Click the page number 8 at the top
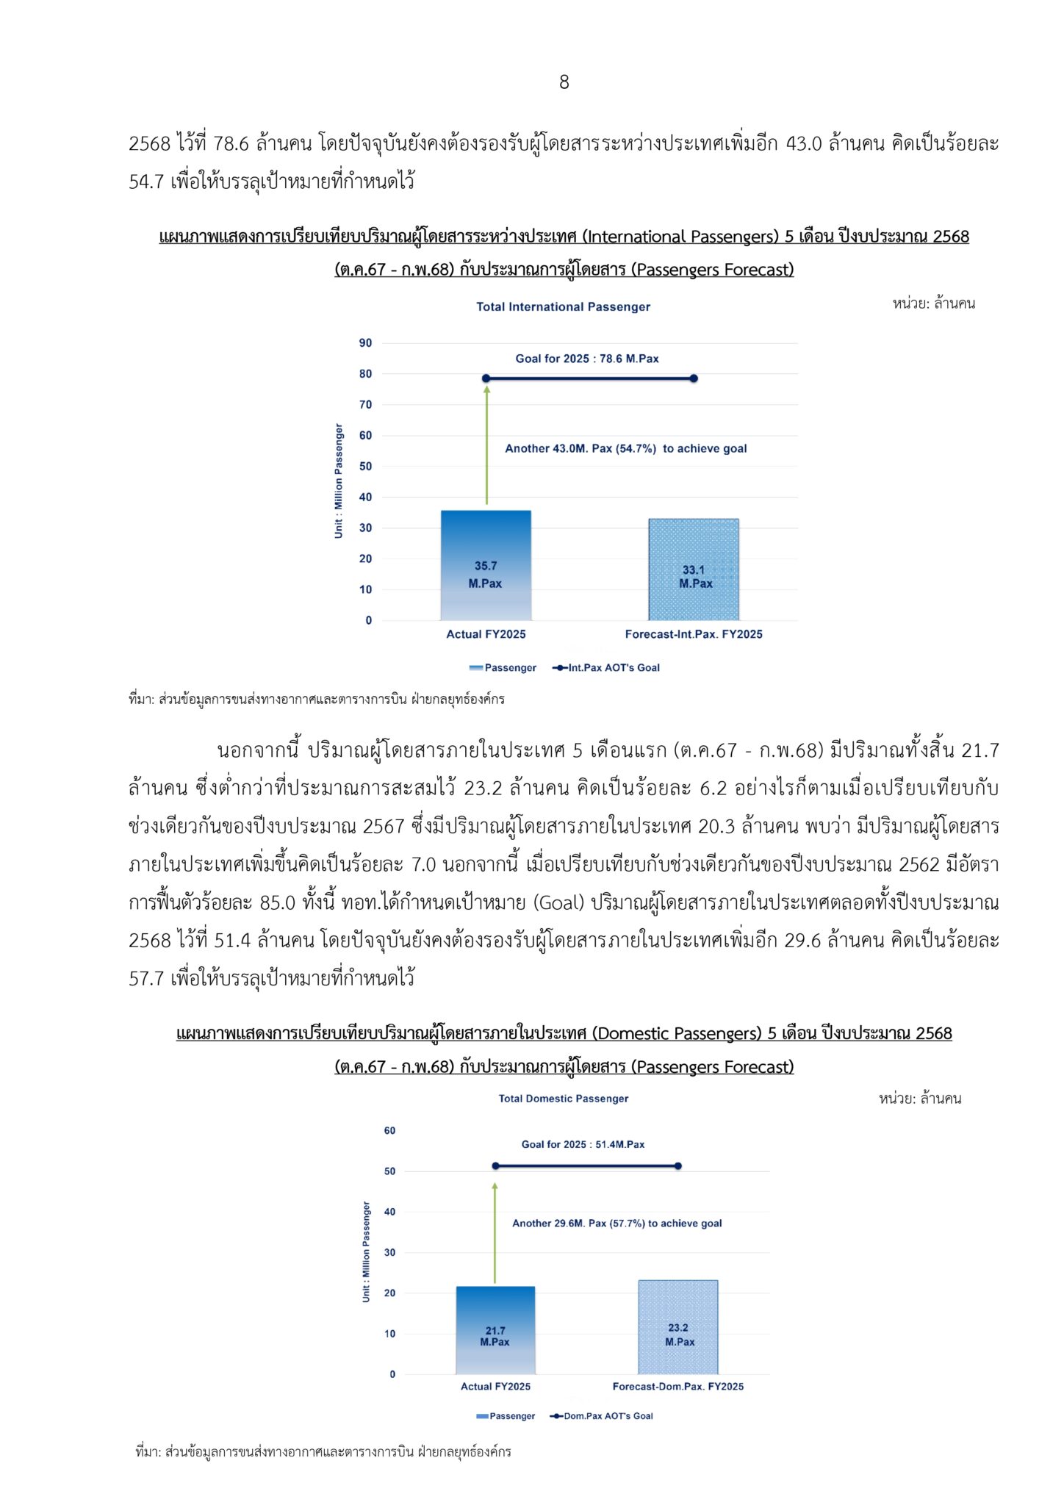tap(564, 82)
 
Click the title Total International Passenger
tap(563, 306)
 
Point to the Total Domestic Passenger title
tap(563, 1099)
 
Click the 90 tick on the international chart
tap(365, 343)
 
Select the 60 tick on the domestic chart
tap(389, 1131)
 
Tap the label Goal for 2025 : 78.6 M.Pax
tap(586, 359)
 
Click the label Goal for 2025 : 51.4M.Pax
tap(583, 1144)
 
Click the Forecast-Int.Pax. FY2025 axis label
tap(693, 634)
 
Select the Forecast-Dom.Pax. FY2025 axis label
tap(677, 1387)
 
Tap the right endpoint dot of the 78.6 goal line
tap(694, 378)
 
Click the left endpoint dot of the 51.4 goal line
tap(495, 1166)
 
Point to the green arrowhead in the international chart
tap(486, 389)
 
